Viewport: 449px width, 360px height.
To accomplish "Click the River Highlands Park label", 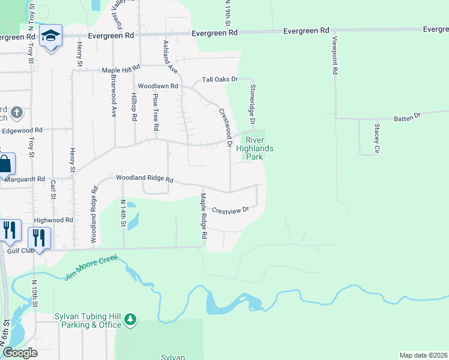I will click(255, 148).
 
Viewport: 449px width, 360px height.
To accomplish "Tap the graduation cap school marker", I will click(51, 36).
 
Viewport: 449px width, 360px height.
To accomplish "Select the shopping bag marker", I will click(4, 163).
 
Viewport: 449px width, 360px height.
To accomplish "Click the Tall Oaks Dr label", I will click(220, 79).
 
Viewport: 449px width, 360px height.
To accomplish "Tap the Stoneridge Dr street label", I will click(253, 106).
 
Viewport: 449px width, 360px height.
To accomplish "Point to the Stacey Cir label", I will click(377, 138).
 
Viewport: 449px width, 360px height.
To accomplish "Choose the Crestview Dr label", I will click(230, 211).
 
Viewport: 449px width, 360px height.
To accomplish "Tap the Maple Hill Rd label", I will click(121, 70).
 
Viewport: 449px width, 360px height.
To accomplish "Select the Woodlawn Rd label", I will click(158, 86).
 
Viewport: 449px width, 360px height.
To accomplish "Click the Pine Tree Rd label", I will click(155, 112).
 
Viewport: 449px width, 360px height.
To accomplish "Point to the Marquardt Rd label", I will click(24, 179).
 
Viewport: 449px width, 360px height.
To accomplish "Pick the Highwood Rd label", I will click(53, 220).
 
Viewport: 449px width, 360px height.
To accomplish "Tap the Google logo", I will click(19, 353).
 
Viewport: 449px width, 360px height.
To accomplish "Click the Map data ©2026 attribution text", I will click(423, 355).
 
